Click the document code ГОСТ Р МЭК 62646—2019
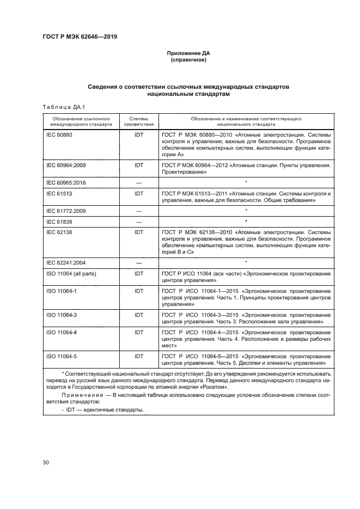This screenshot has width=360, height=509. pyautogui.click(x=80, y=37)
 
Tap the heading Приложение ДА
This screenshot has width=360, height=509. pyautogui.click(x=188, y=54)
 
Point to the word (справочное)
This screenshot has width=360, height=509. pyautogui.click(x=188, y=60)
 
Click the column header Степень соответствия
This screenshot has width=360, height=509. pyautogui.click(x=139, y=121)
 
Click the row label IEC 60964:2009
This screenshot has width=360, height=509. pyautogui.click(x=65, y=164)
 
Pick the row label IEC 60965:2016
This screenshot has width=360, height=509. pyautogui.click(x=65, y=182)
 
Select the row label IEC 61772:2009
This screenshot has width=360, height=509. pyautogui.click(x=65, y=211)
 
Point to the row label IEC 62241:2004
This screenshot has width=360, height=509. pyautogui.click(x=65, y=263)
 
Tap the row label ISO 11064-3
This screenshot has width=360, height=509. pyautogui.click(x=62, y=315)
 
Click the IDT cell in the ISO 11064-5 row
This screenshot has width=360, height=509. pyautogui.click(x=139, y=356)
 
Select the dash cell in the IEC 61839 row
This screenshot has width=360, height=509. pyautogui.click(x=139, y=222)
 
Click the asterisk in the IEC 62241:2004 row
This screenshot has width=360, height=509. pyautogui.click(x=246, y=262)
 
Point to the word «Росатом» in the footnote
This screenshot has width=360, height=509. pyautogui.click(x=216, y=387)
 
